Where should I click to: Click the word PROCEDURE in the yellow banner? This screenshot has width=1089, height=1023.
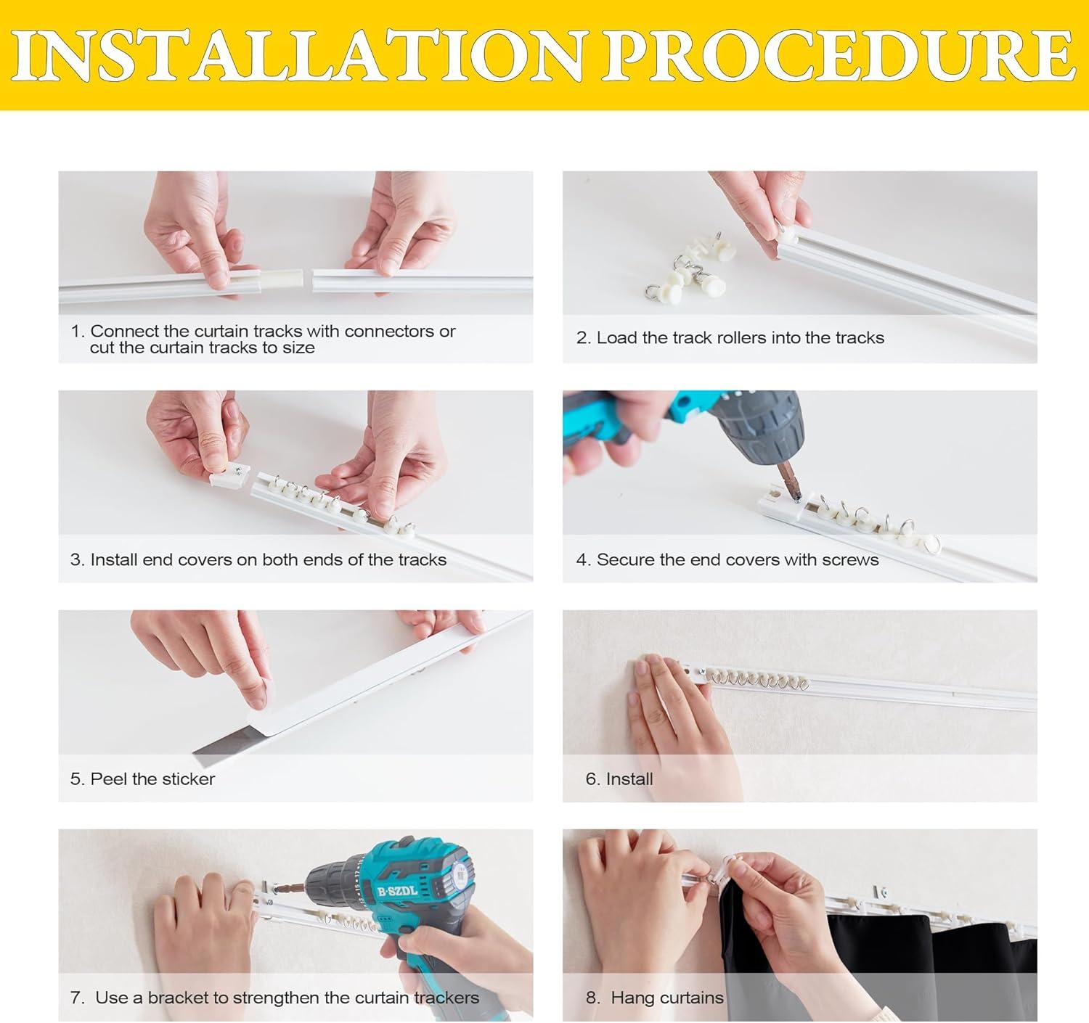pos(839,55)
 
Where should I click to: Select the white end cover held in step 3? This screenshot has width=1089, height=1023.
pos(229,472)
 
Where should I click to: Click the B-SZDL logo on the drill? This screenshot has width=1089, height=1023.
pos(398,890)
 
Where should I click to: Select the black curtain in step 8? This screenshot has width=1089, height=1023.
pos(877,954)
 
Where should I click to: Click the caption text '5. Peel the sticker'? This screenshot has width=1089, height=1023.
pos(142,779)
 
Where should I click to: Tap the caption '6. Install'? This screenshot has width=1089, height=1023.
pos(619,779)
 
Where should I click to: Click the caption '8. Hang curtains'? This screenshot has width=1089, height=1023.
pos(655,997)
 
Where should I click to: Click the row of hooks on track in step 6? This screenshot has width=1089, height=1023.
pos(756,681)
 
